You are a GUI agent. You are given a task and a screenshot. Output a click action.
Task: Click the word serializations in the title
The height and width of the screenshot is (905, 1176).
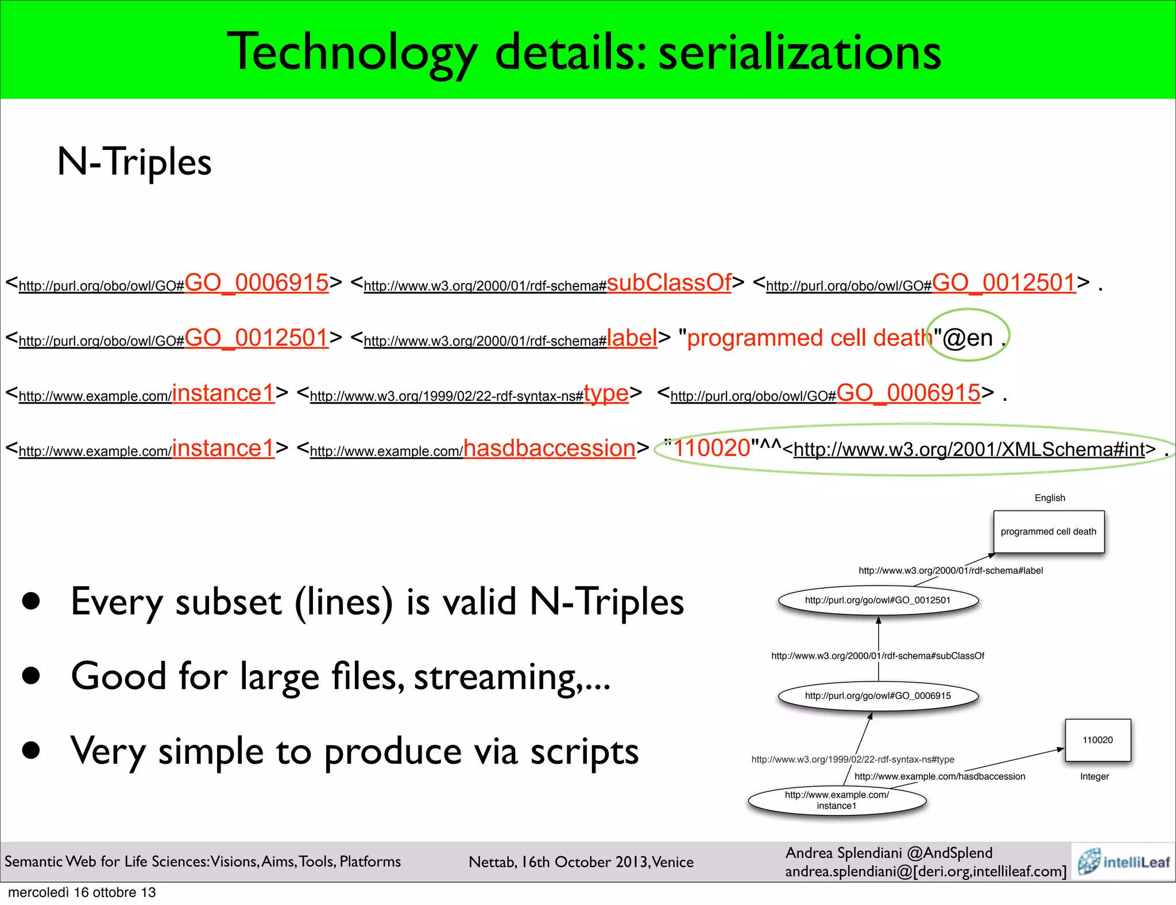(799, 53)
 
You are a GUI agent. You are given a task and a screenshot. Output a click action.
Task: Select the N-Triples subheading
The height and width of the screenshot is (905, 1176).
(134, 162)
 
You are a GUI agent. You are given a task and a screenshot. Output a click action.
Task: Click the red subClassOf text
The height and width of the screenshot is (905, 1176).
(669, 283)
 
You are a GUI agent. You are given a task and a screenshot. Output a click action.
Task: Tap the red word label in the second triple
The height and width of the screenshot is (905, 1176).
(632, 338)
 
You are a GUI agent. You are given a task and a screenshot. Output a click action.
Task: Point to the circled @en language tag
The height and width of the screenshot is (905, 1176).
(968, 338)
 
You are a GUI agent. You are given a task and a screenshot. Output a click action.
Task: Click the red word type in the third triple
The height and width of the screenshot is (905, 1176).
(606, 393)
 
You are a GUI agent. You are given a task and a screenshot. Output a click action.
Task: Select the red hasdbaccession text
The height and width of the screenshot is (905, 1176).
(550, 448)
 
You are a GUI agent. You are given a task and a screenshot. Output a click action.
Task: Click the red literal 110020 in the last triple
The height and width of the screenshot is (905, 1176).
(712, 448)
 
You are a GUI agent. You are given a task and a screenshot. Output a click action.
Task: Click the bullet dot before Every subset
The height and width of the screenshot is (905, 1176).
(31, 601)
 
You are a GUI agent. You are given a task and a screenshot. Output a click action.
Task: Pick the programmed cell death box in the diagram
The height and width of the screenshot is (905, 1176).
(1049, 532)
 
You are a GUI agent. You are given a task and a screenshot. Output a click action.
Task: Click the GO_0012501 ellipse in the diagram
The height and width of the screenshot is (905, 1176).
(878, 601)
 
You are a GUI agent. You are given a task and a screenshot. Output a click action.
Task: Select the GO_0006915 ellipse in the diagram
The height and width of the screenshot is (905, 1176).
(878, 696)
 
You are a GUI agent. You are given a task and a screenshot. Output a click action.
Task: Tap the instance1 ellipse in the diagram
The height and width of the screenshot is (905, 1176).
(837, 800)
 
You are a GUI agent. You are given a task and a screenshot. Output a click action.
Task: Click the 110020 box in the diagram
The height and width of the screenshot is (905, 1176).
(1097, 740)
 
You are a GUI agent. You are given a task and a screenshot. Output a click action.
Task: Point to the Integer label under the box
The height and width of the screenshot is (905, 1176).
(1094, 776)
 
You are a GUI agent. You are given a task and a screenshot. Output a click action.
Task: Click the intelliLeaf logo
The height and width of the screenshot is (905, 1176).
(1123, 861)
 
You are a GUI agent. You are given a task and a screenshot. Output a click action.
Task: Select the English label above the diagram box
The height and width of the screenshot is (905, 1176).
(1050, 498)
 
